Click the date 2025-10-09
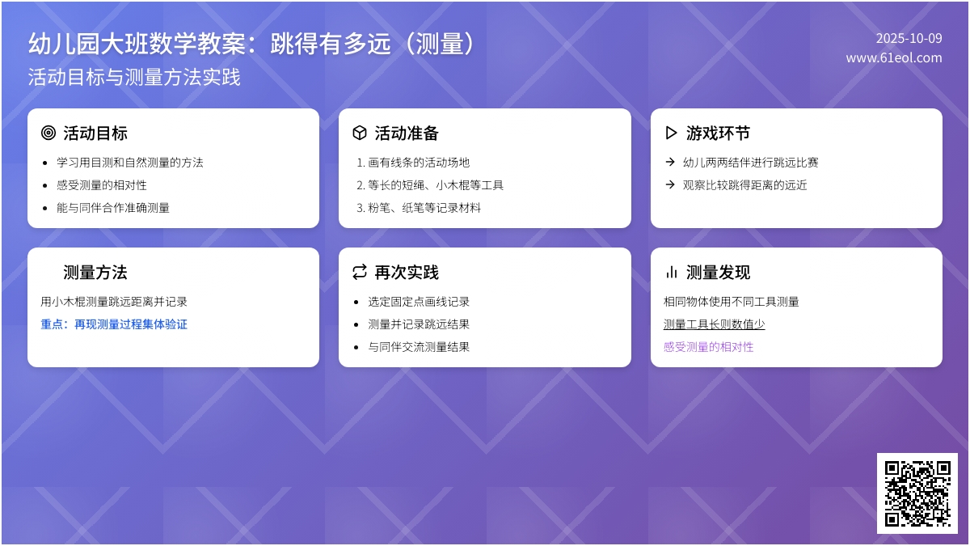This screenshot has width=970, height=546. [x=909, y=38]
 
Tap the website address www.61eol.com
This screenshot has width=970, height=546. [x=894, y=58]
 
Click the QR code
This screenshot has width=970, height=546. [x=917, y=493]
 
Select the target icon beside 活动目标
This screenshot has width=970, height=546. [x=48, y=133]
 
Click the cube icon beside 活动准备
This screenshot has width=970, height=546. [x=360, y=133]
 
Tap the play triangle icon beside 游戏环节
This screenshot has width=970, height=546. [x=671, y=133]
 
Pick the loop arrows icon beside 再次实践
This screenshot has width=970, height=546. [x=360, y=273]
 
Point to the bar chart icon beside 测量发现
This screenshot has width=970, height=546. [x=671, y=273]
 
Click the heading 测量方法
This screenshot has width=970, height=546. [x=95, y=273]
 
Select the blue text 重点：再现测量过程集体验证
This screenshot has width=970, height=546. [x=114, y=324]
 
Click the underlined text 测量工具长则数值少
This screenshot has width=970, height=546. [x=714, y=324]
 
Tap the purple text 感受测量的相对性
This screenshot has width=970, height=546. [x=708, y=347]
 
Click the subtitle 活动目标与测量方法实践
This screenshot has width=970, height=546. [x=134, y=78]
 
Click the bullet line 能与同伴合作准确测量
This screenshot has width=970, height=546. [x=113, y=208]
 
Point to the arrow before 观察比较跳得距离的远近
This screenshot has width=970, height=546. [x=670, y=184]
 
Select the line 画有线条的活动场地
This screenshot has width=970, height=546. [x=419, y=163]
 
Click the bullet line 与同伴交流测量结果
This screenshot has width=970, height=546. [x=419, y=347]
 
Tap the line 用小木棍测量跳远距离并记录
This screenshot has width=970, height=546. [x=114, y=302]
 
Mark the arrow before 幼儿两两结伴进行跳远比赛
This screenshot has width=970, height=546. [x=670, y=162]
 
